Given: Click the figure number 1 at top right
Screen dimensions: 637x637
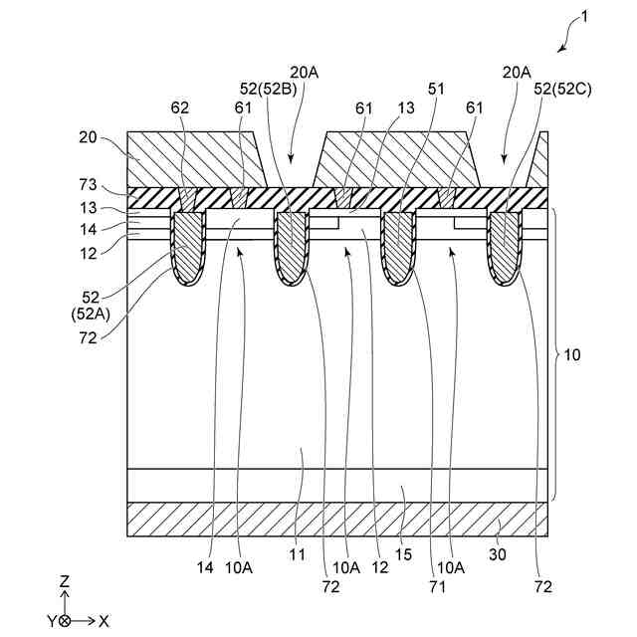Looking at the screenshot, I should click(585, 17).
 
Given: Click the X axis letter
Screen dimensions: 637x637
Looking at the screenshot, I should click(104, 620).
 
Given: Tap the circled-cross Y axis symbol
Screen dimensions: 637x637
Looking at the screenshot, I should click(65, 620).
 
